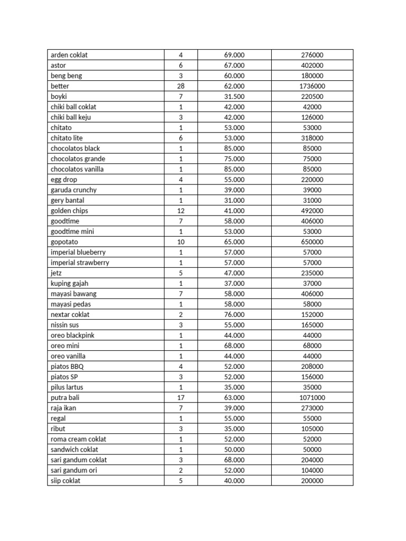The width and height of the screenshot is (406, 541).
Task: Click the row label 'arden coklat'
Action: click(69, 55)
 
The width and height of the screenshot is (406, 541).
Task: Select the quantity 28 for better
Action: click(180, 86)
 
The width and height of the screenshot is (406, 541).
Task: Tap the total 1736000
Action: click(312, 86)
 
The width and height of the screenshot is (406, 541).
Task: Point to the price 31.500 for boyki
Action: click(234, 97)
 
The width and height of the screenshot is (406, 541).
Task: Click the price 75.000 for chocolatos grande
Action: click(234, 159)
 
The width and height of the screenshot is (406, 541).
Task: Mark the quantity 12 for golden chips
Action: click(180, 211)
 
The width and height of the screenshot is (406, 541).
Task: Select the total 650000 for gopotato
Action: click(312, 242)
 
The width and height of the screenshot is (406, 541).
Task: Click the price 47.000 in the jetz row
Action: click(234, 273)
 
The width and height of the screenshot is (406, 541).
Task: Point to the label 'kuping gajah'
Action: click(69, 284)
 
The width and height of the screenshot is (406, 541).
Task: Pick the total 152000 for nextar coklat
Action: click(312, 315)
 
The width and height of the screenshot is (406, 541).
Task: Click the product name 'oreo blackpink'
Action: click(72, 335)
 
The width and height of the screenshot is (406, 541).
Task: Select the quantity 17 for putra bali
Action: click(180, 398)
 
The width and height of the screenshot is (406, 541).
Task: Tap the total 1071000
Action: click(312, 398)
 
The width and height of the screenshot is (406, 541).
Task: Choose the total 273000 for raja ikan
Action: click(312, 408)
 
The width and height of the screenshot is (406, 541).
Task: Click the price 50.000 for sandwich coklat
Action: click(234, 450)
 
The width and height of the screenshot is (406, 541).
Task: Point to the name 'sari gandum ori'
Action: click(73, 470)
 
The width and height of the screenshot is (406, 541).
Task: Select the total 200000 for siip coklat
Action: click(312, 481)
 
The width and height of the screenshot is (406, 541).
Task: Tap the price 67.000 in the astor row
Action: click(234, 66)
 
